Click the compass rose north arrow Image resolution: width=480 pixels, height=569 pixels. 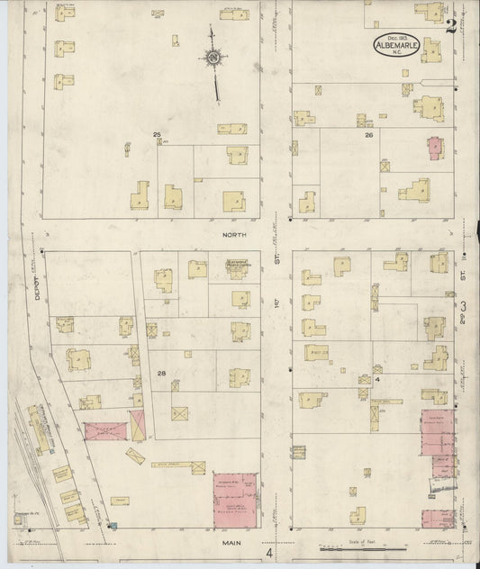coord(214,60)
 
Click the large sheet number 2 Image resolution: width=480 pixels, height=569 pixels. coord(450,24)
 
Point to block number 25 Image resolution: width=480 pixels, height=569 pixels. coord(157,135)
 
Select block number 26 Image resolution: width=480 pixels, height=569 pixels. coord(368,135)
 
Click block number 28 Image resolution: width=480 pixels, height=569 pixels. coord(161,373)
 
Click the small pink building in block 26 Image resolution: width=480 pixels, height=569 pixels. coord(435,146)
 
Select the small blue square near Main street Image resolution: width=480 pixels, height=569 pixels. coord(111,525)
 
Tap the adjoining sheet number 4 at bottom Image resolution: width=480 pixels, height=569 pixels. coord(268,541)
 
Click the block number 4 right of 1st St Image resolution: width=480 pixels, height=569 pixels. coord(379,380)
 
